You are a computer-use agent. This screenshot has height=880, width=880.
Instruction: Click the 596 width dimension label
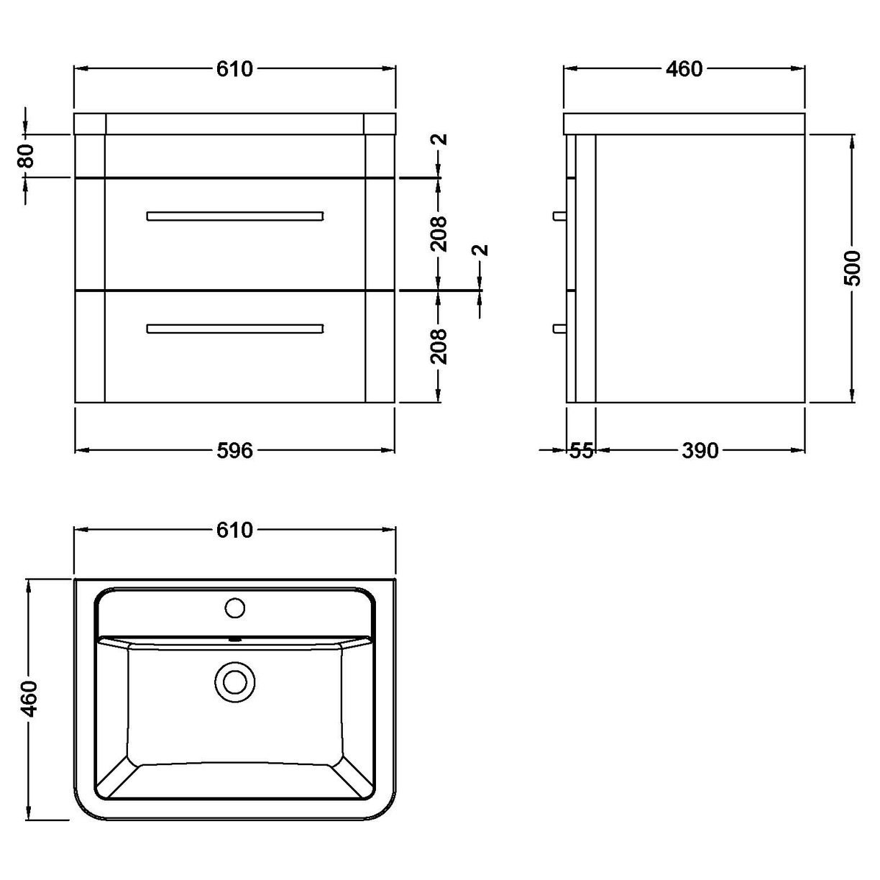point(235,450)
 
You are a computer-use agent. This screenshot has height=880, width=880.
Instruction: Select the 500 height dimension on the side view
point(852,267)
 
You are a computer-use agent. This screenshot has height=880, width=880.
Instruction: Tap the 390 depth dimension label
point(700,450)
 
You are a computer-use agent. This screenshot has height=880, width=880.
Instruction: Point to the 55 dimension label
point(581,450)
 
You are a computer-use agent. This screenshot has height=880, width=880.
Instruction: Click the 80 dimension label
point(27,155)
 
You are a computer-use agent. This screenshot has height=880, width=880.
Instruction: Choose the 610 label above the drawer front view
point(235,69)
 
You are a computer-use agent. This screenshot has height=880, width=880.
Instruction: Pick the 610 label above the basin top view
point(235,530)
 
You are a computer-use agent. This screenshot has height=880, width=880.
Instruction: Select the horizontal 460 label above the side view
point(684,69)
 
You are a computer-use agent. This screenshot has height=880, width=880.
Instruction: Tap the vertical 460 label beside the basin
point(29,697)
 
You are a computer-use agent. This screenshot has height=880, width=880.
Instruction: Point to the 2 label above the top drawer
point(440,139)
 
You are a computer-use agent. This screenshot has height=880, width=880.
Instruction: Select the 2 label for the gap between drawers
point(481,250)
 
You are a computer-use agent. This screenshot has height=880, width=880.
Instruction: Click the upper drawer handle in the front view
point(235,216)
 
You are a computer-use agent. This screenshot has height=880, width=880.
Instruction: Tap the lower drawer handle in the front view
point(235,329)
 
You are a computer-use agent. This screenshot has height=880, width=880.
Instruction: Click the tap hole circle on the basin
point(235,608)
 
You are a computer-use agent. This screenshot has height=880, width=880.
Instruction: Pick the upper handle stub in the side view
point(559,216)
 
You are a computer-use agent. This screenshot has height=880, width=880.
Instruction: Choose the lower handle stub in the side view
point(559,329)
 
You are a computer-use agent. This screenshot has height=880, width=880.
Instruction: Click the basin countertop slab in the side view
point(684,124)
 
